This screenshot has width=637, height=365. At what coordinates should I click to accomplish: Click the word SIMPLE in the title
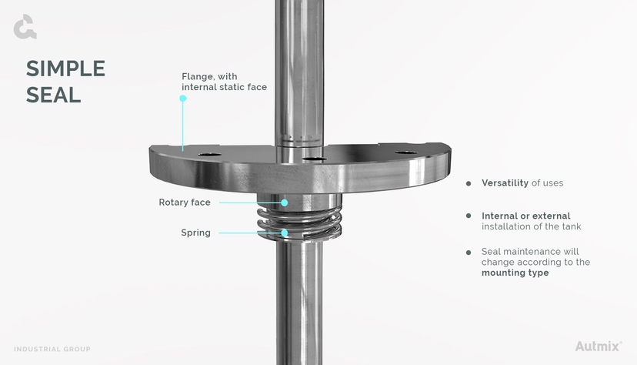tap(65, 69)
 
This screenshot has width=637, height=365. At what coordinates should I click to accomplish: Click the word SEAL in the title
tap(53, 94)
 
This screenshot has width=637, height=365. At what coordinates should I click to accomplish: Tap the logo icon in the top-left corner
tap(25, 27)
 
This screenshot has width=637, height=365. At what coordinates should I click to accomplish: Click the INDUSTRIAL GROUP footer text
tap(52, 349)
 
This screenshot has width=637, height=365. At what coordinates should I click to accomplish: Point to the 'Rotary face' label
tap(185, 203)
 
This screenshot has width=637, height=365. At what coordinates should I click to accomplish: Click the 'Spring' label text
tap(195, 233)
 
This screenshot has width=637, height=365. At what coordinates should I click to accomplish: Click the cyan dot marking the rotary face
tap(285, 203)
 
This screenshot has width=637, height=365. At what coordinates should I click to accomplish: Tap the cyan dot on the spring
tap(285, 233)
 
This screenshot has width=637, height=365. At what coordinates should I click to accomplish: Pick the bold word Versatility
tap(505, 183)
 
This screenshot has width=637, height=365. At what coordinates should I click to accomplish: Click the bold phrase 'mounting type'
tap(515, 273)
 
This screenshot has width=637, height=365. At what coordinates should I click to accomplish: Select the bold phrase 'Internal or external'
tap(525, 216)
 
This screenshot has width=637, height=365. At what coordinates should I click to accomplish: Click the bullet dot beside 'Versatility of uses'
tap(469, 183)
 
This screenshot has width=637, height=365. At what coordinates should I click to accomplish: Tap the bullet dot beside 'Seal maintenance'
tap(469, 252)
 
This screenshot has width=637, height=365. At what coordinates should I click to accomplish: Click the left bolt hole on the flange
tap(208, 155)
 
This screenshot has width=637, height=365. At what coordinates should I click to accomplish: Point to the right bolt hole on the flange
tap(406, 152)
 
